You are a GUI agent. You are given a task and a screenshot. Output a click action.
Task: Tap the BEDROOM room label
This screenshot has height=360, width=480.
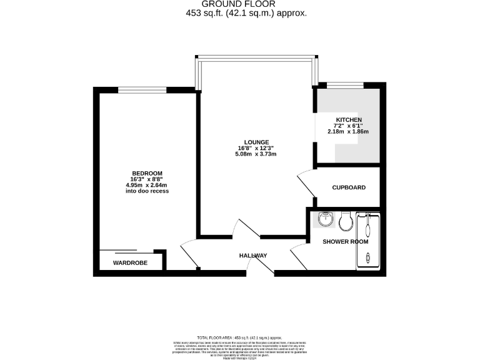coord(147,173)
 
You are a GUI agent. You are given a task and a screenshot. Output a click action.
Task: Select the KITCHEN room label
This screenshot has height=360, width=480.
coord(349,119)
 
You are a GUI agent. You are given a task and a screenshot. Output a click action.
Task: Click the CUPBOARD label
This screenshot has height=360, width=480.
coord(349,187)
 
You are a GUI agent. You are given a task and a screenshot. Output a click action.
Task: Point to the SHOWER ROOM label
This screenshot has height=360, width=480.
coord(345,241)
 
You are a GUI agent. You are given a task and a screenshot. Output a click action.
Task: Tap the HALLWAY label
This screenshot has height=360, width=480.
coord(253,256)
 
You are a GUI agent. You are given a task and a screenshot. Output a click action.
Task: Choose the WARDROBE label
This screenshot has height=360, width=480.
coord(130,263)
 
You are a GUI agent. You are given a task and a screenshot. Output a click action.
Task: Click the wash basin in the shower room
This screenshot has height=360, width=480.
coord(325,220)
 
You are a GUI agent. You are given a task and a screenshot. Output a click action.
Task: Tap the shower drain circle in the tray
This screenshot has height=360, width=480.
coord(367,257)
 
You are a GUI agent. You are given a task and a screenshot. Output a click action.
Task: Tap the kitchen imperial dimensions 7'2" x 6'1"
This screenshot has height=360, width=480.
coord(349,126)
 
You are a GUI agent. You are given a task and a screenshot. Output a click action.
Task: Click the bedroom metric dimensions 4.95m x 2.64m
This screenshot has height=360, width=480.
coord(147,185)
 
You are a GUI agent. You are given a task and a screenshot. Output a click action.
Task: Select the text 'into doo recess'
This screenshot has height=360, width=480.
coord(147,191)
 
